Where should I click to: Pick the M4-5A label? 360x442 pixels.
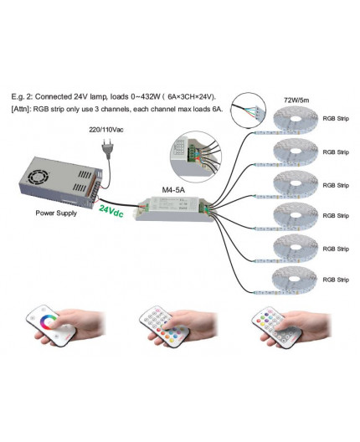(173, 190)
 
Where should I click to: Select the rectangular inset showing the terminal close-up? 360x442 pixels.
(192, 155)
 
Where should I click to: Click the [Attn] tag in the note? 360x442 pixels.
(24, 110)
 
